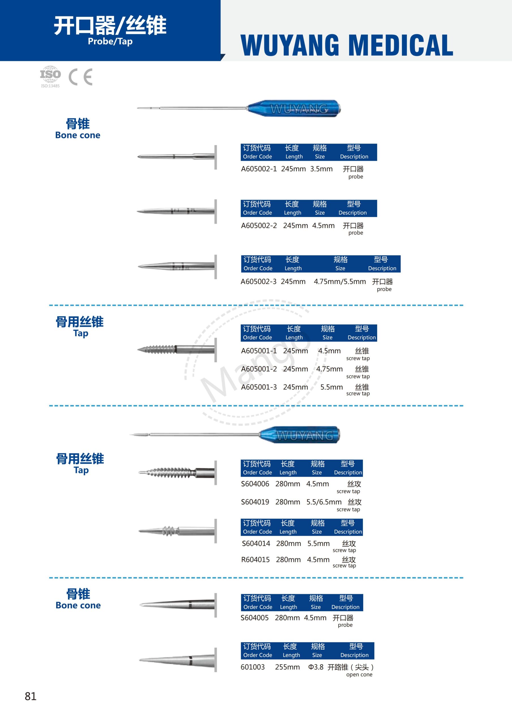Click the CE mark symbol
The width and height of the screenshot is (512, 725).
pyautogui.click(x=80, y=77)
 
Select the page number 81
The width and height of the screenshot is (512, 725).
pyautogui.click(x=31, y=696)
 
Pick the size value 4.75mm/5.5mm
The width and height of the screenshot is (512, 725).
pyautogui.click(x=340, y=282)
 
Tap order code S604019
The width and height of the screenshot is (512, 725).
pyautogui.click(x=255, y=502)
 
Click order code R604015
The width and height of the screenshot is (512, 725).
pyautogui.click(x=255, y=560)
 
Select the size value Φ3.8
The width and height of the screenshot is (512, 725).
pyautogui.click(x=316, y=667)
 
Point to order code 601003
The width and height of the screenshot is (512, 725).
pyautogui.click(x=253, y=667)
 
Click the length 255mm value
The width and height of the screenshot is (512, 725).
pyautogui.click(x=287, y=667)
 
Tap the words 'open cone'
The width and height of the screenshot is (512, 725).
pyautogui.click(x=359, y=675)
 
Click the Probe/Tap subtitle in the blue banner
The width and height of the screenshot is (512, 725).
pyautogui.click(x=110, y=42)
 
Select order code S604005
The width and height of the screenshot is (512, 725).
pyautogui.click(x=255, y=618)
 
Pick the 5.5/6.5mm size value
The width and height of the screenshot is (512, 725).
pyautogui.click(x=324, y=502)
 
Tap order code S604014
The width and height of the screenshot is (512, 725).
pyautogui.click(x=256, y=543)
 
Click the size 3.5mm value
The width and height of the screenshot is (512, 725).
pyautogui.click(x=321, y=169)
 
